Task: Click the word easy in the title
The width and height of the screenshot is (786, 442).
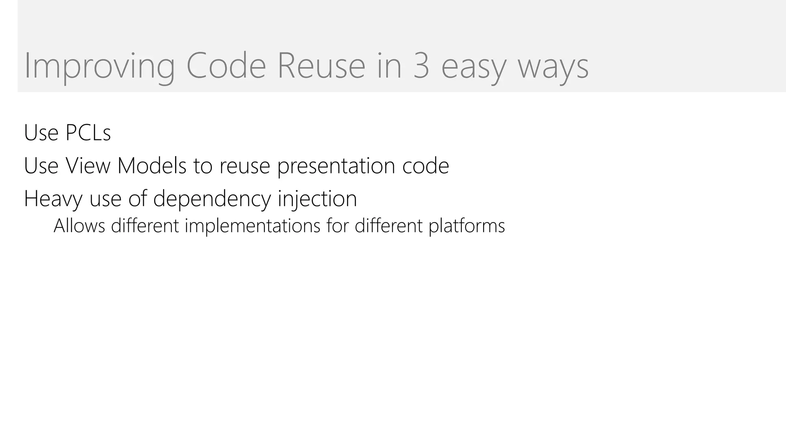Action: [x=474, y=68]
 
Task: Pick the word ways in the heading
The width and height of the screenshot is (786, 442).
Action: [x=553, y=68]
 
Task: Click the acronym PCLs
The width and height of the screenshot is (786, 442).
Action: [x=88, y=133]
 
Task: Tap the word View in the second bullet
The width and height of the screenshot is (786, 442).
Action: [x=88, y=166]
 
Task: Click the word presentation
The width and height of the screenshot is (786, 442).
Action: [x=336, y=167]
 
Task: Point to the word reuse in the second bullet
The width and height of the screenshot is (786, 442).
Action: [x=244, y=167]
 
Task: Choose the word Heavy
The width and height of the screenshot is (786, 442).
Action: [x=53, y=199]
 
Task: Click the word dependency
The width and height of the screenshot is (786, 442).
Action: [x=212, y=199]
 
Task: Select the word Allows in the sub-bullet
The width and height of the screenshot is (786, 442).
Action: [x=79, y=226]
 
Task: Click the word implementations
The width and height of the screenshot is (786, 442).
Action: [x=252, y=226]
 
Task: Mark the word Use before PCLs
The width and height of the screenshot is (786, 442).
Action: [x=41, y=133]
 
